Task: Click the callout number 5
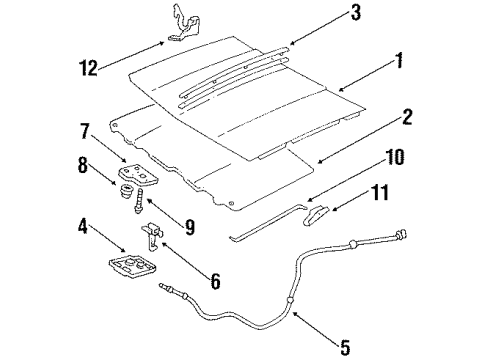(x=344, y=348)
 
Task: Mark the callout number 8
(x=82, y=163)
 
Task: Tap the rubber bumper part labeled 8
(x=127, y=185)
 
